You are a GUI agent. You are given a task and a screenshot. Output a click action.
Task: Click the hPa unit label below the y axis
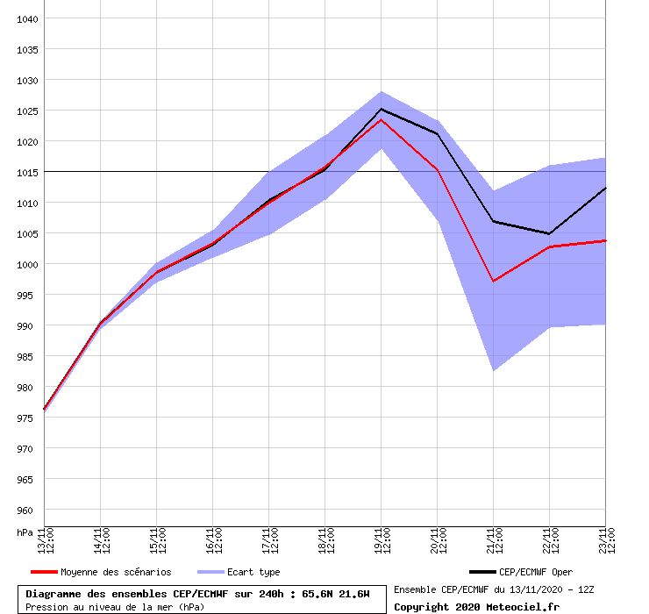point(25,532)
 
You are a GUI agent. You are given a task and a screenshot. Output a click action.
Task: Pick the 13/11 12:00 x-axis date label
point(45,541)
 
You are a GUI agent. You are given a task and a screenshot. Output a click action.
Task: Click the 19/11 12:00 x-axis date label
point(382,541)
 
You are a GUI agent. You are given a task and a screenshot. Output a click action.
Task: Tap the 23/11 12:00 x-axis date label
point(606,541)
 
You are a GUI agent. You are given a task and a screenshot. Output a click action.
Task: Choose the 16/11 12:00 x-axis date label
point(213,541)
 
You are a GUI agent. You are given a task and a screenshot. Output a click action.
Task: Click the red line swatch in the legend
point(43,573)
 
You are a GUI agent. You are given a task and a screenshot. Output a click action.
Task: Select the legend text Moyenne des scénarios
point(116,573)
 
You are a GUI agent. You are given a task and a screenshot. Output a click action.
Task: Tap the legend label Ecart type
point(253,573)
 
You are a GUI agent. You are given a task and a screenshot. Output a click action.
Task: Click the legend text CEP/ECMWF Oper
point(536,573)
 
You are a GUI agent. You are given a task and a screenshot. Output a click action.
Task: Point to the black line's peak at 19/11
point(382,109)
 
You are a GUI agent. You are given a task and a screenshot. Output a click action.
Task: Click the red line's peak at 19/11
point(382,119)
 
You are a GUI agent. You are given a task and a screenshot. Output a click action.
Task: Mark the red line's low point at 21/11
point(494,281)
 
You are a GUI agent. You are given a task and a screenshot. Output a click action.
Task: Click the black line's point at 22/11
point(549,233)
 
